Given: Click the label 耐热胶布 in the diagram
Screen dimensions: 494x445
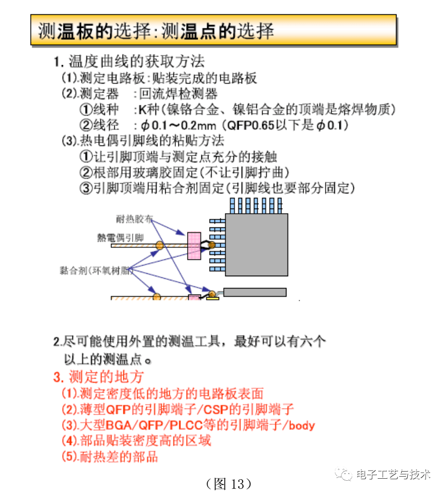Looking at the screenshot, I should pyautogui.click(x=134, y=219).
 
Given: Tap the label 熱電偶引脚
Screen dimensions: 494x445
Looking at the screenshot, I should pyautogui.click(x=120, y=238).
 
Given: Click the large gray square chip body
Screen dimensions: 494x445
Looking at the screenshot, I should pyautogui.click(x=256, y=245).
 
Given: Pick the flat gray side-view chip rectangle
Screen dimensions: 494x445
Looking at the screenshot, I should pyautogui.click(x=254, y=292).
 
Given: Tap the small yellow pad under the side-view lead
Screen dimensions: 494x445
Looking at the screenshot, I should pyautogui.click(x=212, y=299).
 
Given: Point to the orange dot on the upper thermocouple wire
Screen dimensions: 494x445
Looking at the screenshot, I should pyautogui.click(x=160, y=246).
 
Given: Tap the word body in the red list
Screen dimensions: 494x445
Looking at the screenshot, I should pyautogui.click(x=302, y=425).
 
